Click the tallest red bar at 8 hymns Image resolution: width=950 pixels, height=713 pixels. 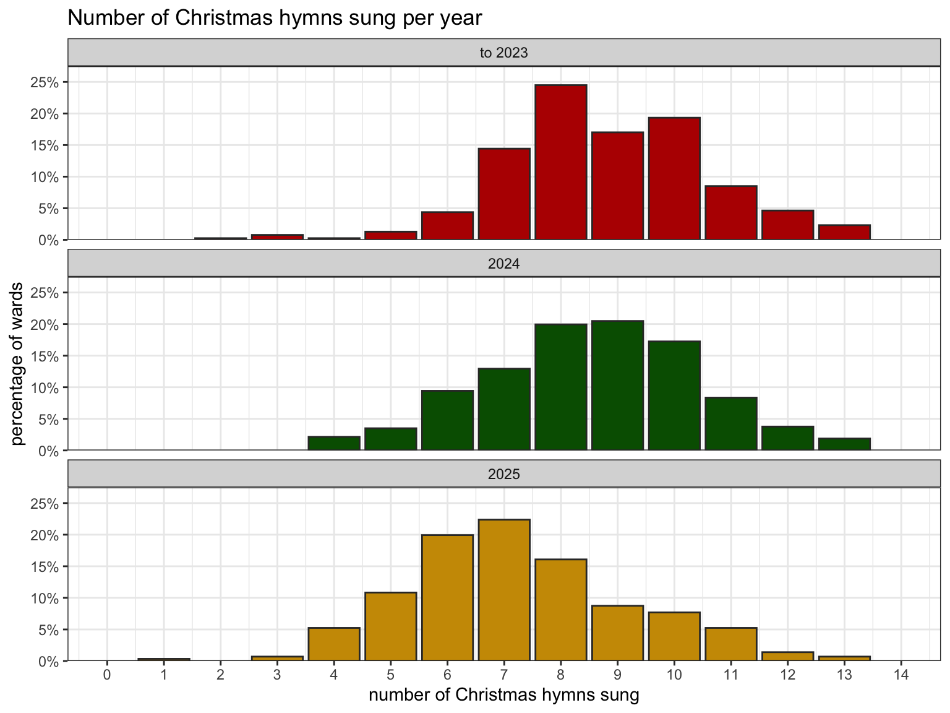(x=560, y=162)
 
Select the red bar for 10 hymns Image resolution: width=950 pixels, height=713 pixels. (x=674, y=178)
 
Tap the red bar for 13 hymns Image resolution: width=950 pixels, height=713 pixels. (x=844, y=232)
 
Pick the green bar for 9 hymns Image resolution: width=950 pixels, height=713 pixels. (x=617, y=385)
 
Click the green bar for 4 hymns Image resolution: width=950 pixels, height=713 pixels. (x=334, y=443)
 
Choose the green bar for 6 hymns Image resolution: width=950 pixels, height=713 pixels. (x=447, y=420)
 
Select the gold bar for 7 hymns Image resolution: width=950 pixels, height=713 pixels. (x=504, y=590)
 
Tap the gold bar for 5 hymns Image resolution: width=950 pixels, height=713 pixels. (x=390, y=626)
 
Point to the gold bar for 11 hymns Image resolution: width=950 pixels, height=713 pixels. (x=730, y=644)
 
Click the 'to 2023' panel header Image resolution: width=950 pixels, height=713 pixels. (x=503, y=53)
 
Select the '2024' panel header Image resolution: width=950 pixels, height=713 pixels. (x=503, y=264)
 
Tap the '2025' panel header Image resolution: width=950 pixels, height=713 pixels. (x=503, y=475)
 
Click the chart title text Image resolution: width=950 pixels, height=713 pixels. (x=274, y=18)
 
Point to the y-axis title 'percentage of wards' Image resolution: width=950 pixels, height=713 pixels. (x=18, y=363)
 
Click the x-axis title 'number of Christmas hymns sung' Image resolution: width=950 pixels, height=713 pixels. (x=503, y=695)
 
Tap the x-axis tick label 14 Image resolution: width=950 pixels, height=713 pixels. (x=901, y=674)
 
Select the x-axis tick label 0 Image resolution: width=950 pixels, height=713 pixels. (x=107, y=674)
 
